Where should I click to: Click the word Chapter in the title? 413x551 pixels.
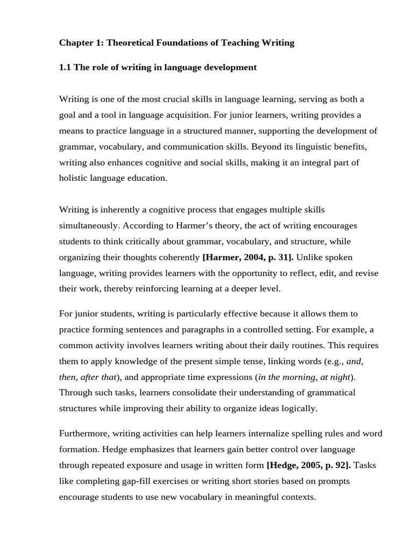[x=76, y=43]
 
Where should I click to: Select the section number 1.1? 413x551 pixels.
[x=65, y=67]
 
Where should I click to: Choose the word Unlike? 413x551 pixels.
[x=312, y=257]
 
